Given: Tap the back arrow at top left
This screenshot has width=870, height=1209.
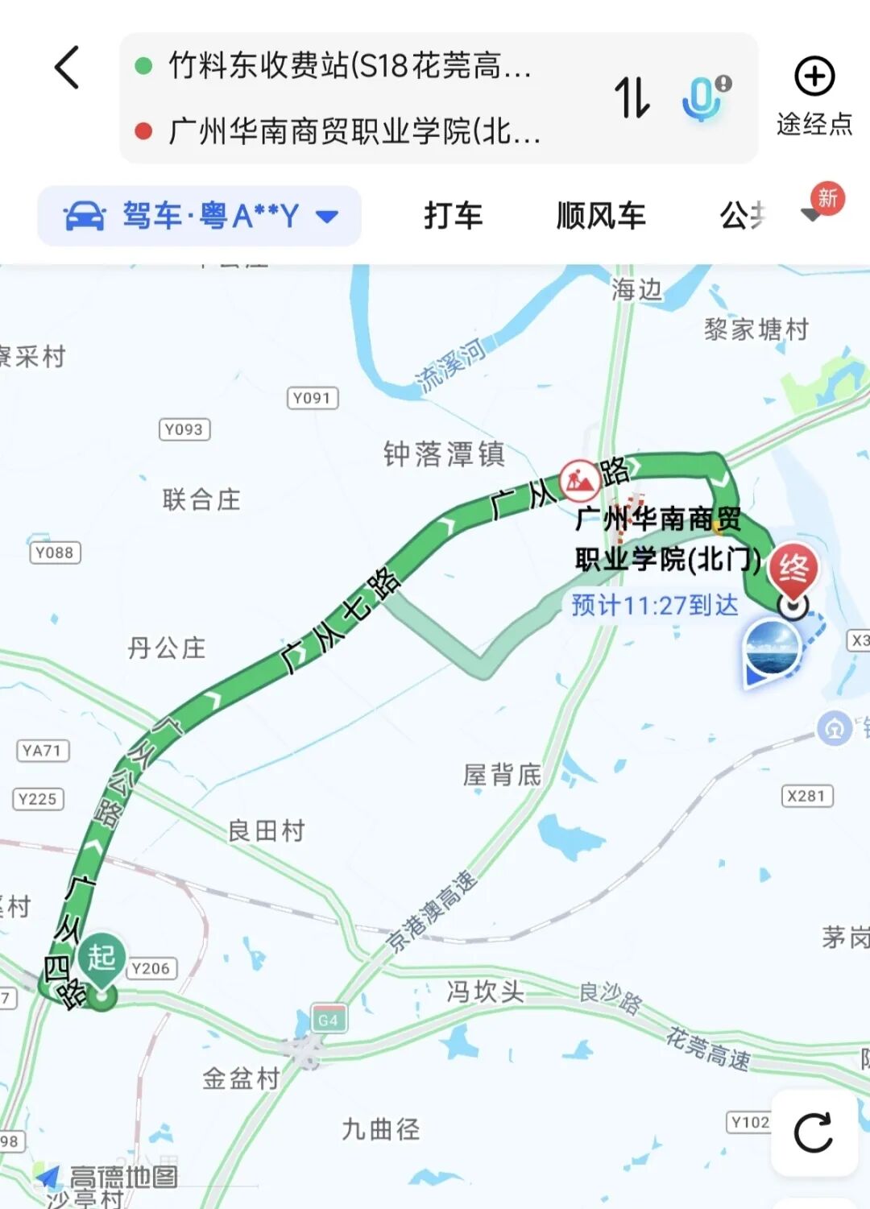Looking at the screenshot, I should pyautogui.click(x=68, y=67).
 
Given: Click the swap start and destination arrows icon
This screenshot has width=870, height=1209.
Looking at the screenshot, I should pyautogui.click(x=632, y=97).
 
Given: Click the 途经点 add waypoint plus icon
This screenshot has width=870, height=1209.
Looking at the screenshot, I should pyautogui.click(x=814, y=77).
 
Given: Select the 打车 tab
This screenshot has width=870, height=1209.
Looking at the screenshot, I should pyautogui.click(x=453, y=216).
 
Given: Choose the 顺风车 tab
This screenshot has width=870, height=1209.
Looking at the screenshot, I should pyautogui.click(x=601, y=216).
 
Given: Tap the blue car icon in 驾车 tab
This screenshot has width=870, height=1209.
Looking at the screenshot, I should pyautogui.click(x=85, y=216).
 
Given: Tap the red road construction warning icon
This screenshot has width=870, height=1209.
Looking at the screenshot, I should pyautogui.click(x=580, y=481).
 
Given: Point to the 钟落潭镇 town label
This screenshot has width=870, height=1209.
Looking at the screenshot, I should pyautogui.click(x=444, y=454).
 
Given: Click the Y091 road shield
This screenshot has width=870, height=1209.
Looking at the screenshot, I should pyautogui.click(x=313, y=398).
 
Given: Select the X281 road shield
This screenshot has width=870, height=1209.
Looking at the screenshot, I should pyautogui.click(x=807, y=796).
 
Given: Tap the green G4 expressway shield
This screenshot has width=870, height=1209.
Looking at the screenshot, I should pyautogui.click(x=329, y=1020).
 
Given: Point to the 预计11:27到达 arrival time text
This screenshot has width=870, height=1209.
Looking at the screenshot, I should pyautogui.click(x=654, y=605).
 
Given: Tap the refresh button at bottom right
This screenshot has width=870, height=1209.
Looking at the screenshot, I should pyautogui.click(x=814, y=1132).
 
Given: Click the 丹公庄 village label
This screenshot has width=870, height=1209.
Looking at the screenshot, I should pyautogui.click(x=167, y=648).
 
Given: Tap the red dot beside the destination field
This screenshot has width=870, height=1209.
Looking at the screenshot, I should pyautogui.click(x=144, y=131).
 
